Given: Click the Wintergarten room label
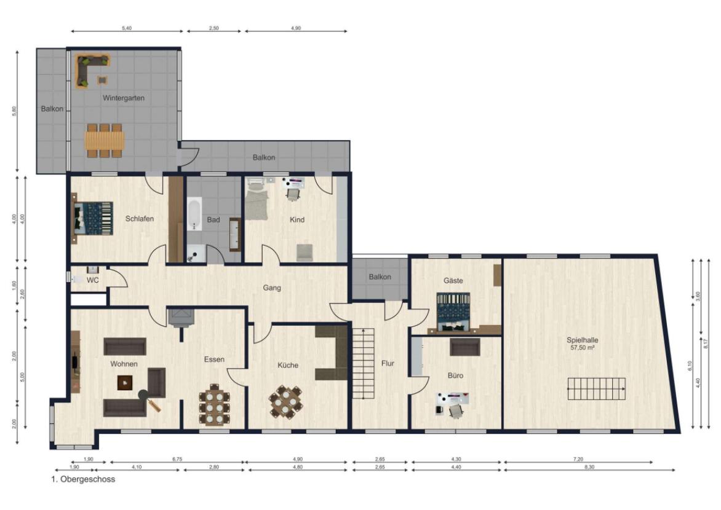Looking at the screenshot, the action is click(x=123, y=98).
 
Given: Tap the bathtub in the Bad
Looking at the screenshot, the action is click(x=194, y=214).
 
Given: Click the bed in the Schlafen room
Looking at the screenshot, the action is click(x=93, y=218).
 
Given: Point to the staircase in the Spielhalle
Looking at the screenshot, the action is click(x=596, y=389).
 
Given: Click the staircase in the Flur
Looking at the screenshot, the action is click(x=363, y=363).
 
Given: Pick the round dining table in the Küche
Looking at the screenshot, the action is click(x=286, y=402).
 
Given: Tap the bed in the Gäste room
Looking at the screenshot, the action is click(x=453, y=312).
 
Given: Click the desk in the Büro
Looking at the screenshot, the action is click(x=452, y=398).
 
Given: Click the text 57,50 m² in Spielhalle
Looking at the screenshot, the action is click(x=583, y=348).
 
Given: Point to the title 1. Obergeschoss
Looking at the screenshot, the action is click(x=83, y=479).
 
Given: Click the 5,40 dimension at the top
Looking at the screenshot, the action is click(x=127, y=28).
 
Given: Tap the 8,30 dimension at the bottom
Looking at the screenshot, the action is click(x=589, y=467).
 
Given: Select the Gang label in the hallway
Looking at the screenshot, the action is click(x=272, y=288).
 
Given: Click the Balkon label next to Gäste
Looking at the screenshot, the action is click(x=380, y=277).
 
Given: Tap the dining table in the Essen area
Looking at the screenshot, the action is click(x=214, y=404).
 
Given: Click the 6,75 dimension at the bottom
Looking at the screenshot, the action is click(x=177, y=459).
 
